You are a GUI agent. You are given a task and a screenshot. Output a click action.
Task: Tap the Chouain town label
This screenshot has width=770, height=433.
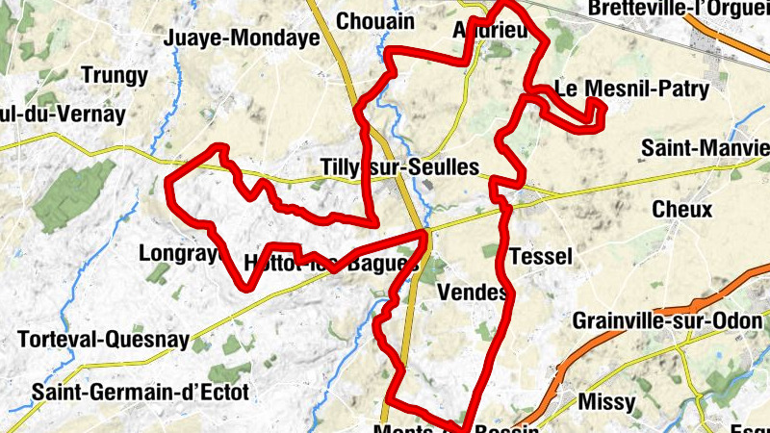(375, 21)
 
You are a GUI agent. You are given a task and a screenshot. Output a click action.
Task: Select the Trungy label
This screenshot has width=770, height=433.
(115, 75)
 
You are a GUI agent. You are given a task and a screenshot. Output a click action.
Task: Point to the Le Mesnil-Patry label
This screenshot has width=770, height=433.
(633, 89)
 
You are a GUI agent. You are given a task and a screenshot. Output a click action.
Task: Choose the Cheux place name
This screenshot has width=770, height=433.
(681, 210)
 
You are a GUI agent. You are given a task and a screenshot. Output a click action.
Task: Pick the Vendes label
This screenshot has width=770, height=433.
(472, 292)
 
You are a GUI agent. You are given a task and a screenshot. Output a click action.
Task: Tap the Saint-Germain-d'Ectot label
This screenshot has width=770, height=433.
(141, 392)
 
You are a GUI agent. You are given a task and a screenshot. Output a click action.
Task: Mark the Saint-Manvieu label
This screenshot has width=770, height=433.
(705, 149)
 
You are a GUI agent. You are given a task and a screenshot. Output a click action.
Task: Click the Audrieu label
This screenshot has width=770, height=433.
(491, 31)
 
